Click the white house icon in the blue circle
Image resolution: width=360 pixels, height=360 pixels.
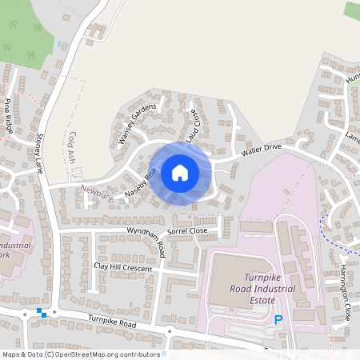tap(180, 173)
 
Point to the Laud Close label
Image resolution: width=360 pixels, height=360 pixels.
tap(193, 126)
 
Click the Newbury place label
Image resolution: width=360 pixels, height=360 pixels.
tap(97, 190)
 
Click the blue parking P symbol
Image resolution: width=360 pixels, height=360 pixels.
tap(278, 320)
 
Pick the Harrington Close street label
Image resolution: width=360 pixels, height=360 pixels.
tap(346, 292)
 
